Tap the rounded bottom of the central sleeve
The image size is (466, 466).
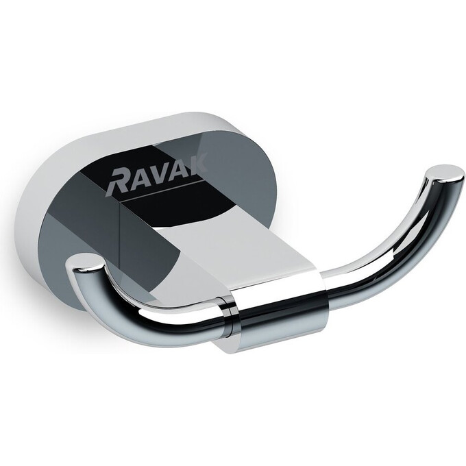point(274,346)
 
